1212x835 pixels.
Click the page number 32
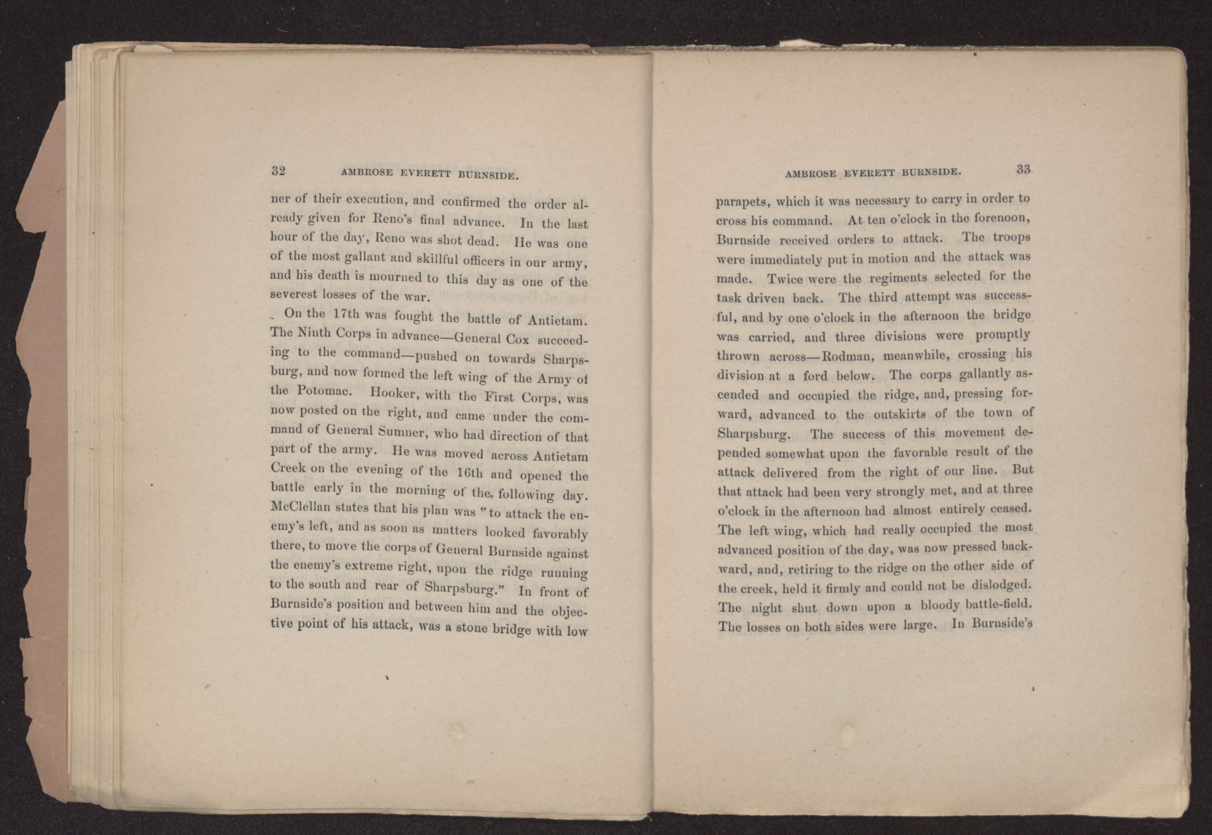(x=278, y=170)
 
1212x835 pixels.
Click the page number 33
(x=1024, y=170)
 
